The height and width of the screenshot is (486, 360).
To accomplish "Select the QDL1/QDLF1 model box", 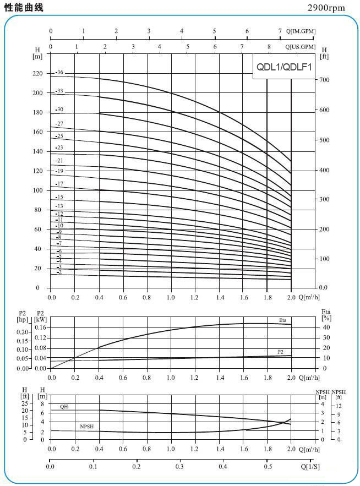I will pos(284,68).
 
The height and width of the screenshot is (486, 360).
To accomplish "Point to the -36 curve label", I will pos(59,73).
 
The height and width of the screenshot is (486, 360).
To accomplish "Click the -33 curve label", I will pos(59,91).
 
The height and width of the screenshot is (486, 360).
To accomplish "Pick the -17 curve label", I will pos(59,183).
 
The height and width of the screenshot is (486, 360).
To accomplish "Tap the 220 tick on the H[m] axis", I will pos(37,74).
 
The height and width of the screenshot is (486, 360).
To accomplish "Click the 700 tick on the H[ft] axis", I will pos(325,80).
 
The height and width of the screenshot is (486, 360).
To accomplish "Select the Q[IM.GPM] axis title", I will pos(301,31).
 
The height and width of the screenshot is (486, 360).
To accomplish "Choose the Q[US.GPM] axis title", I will pos(301,47).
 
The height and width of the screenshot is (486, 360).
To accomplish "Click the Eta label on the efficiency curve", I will pos(282,320).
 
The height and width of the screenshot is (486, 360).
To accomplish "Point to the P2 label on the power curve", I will pos(280,352).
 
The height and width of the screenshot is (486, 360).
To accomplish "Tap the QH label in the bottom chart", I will pos(64,406).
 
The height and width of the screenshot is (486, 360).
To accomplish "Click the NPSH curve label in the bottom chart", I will pos(86,427).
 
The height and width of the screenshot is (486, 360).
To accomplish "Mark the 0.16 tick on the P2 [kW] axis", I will pos(41,328).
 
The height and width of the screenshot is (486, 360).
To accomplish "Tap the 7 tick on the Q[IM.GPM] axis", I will pos(280,31).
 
